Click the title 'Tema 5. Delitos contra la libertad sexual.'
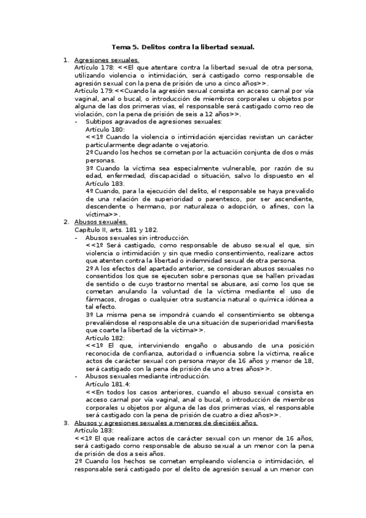(183, 46)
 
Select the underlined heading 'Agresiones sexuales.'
(106, 60)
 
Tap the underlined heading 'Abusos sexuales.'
(100, 222)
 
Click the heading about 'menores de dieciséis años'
(166, 423)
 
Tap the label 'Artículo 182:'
(105, 337)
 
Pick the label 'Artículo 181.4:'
(108, 384)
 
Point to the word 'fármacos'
(101, 299)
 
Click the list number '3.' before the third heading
(67, 423)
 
